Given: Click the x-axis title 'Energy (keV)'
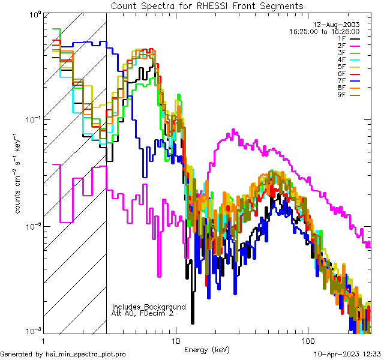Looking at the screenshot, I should click(x=207, y=349).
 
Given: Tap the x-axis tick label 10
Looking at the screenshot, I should click(x=175, y=340).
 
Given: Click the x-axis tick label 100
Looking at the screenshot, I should click(x=307, y=340).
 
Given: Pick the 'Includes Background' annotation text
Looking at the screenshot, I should click(x=149, y=307).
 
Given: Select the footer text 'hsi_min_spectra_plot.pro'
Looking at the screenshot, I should click(x=86, y=355).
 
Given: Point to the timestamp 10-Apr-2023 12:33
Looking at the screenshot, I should click(x=347, y=355).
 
